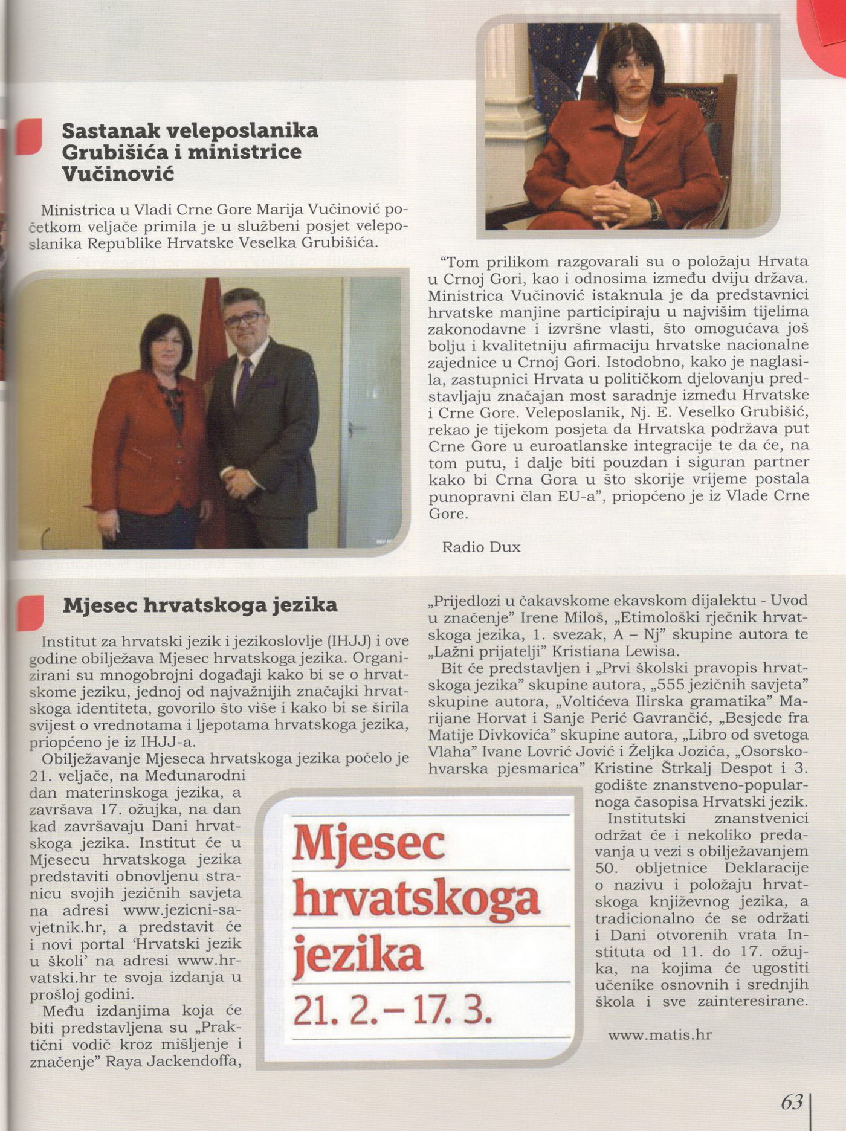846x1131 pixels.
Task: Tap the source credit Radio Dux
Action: point(481,547)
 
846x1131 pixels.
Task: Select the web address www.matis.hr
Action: point(660,1035)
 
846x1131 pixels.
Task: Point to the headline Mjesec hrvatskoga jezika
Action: point(200,605)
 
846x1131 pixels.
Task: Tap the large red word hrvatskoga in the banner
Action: point(416,899)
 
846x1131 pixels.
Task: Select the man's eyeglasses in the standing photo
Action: point(244,318)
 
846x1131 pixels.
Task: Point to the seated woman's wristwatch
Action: point(653,210)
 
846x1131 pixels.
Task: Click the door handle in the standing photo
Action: point(357,428)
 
